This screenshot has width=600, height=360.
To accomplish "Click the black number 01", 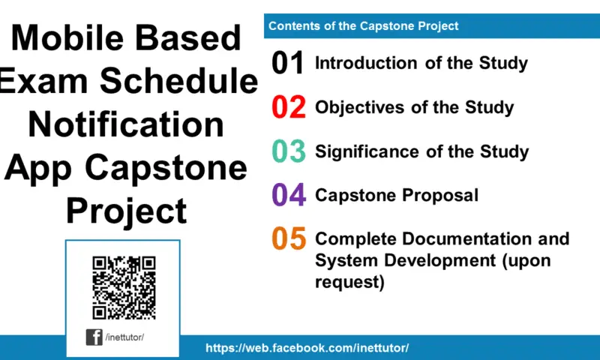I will (x=288, y=64).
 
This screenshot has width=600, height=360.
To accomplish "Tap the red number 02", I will (x=288, y=107).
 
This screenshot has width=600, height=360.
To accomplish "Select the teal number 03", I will (x=288, y=151).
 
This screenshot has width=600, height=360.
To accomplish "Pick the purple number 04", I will (x=288, y=195).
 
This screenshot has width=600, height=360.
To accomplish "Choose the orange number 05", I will (x=288, y=239).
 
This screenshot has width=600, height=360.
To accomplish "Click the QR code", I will (x=123, y=287).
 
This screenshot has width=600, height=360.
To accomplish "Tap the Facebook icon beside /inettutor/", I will (x=94, y=337).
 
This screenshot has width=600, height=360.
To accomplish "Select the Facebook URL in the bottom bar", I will (x=307, y=348).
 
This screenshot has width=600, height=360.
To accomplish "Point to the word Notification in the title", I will (x=125, y=124).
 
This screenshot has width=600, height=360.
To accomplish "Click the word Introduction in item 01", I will (x=367, y=64).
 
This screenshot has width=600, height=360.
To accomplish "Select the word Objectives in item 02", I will (x=361, y=107).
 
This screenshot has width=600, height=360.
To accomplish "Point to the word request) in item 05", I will (x=349, y=283).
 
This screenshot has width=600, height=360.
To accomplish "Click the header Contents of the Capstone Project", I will (x=363, y=26).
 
